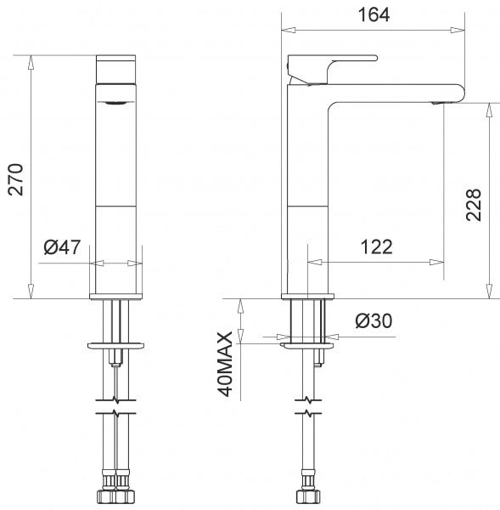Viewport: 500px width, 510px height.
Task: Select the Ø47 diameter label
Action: click(61, 247)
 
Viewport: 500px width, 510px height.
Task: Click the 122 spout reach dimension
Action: click(376, 246)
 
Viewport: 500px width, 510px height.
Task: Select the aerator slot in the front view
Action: click(116, 101)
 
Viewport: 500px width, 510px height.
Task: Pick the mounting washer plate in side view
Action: click(306, 345)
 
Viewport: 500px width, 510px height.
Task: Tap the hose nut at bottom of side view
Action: click(306, 495)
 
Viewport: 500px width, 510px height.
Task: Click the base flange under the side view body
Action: click(307, 297)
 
